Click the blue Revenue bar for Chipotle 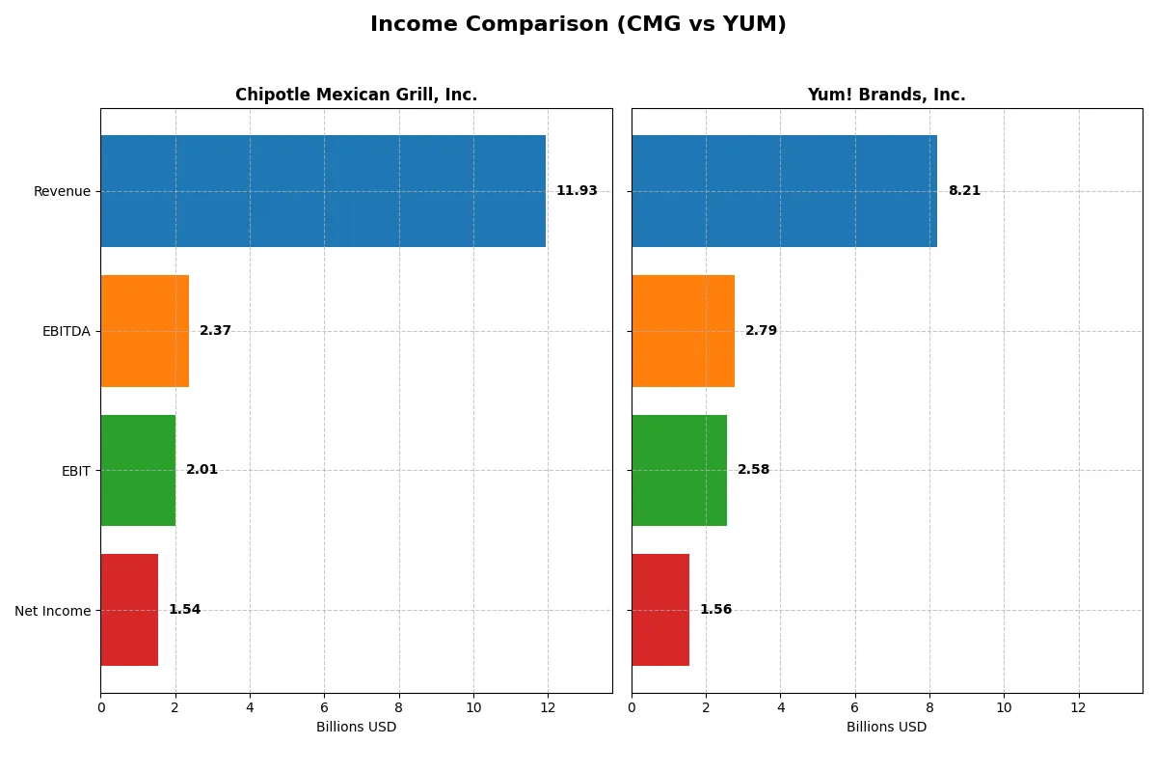tap(323, 191)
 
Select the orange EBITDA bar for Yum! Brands tap(683, 331)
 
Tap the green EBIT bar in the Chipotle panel tap(138, 471)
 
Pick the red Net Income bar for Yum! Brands tap(660, 610)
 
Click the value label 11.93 tap(577, 191)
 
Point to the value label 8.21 tap(964, 191)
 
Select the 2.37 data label tap(215, 331)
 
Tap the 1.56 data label tap(715, 610)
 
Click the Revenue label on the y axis tap(62, 191)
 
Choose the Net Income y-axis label tap(52, 611)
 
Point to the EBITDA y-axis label tap(66, 331)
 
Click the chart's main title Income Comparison tap(578, 25)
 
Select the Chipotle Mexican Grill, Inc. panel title tap(356, 95)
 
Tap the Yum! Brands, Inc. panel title tap(886, 95)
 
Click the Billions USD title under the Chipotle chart tap(356, 727)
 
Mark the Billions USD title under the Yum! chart tap(886, 727)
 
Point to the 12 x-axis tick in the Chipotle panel tap(548, 707)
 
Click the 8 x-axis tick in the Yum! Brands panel tap(929, 707)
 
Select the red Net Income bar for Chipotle tap(129, 610)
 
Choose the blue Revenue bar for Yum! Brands tap(784, 191)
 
